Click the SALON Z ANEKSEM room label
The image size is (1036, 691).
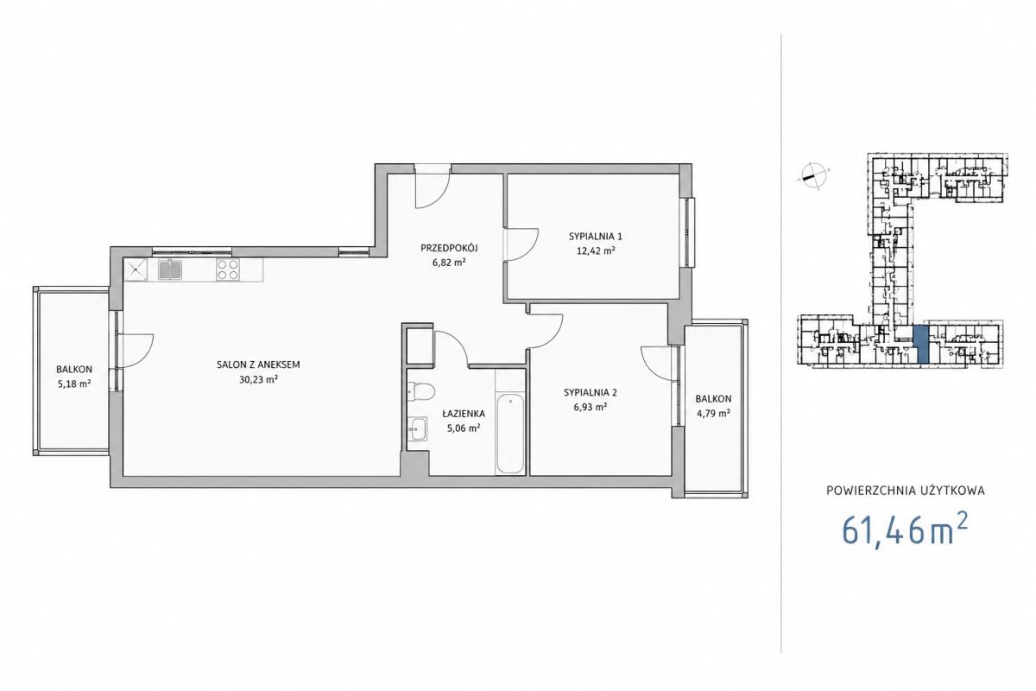(258, 365)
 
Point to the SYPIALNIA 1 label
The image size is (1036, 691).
(595, 237)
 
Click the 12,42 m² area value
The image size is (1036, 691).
(595, 251)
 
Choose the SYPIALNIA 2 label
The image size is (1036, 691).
(591, 392)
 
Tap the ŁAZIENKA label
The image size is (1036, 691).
(463, 413)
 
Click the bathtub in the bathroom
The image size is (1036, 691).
(510, 434)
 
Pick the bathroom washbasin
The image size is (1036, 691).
(418, 428)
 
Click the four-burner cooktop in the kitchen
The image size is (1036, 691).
(228, 269)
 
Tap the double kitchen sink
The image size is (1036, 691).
(170, 269)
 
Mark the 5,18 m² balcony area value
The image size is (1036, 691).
(74, 384)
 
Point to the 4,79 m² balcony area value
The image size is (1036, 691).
(714, 413)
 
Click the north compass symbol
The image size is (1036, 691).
(813, 175)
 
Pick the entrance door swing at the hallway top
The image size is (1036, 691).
(433, 188)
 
